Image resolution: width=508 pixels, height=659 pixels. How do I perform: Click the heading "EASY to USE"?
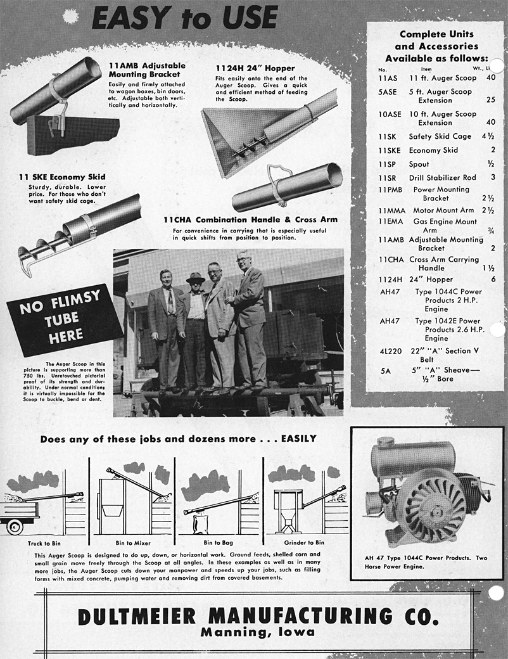(184, 17)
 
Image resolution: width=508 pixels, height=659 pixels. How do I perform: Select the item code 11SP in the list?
(387, 163)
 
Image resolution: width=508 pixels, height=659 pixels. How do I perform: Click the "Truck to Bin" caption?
(43, 543)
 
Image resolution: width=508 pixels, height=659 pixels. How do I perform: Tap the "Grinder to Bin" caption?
(302, 543)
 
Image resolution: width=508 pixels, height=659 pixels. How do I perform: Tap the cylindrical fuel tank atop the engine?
(412, 456)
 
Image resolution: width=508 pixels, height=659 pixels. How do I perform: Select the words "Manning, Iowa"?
(257, 632)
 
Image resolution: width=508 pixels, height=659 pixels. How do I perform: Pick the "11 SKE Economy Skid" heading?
(62, 177)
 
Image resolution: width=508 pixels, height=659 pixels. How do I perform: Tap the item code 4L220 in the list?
(390, 350)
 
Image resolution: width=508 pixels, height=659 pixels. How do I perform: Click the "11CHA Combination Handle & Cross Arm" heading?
(250, 219)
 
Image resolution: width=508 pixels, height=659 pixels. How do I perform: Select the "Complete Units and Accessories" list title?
(436, 40)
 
